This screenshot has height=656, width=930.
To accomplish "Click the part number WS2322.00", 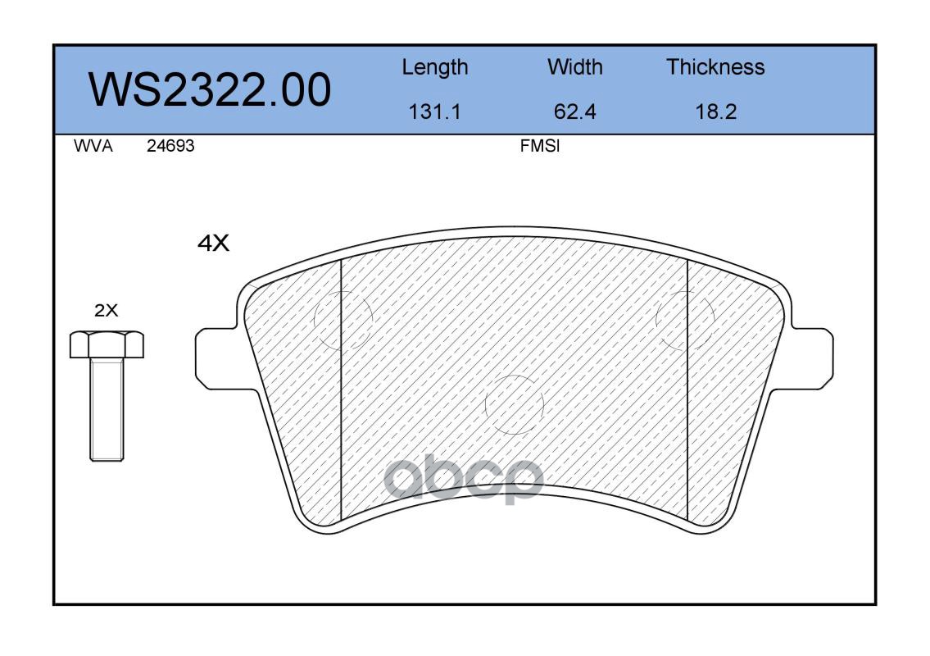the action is tap(210, 89).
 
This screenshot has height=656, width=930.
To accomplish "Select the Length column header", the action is tap(435, 68).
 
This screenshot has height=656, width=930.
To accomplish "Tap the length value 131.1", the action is tap(435, 112).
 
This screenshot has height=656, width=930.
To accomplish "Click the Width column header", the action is tap(574, 66).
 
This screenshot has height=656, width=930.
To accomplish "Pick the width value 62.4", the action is tap(574, 112).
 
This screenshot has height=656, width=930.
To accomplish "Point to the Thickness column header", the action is tap(715, 66).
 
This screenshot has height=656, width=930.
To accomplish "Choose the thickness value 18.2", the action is tap(716, 112).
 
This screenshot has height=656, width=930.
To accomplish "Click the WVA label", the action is tap(93, 146).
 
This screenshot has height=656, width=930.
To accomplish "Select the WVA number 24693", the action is tap(170, 146).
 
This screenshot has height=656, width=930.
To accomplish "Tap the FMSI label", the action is tap(540, 146).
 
